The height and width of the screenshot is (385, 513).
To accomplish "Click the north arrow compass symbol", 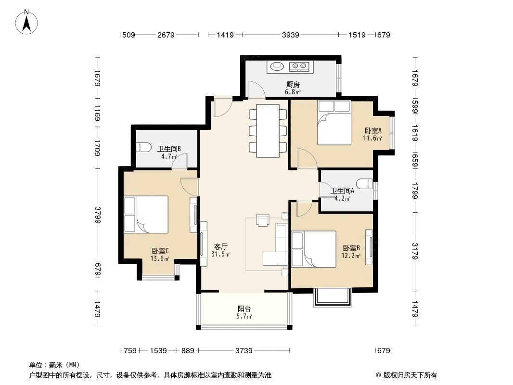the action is [26, 22].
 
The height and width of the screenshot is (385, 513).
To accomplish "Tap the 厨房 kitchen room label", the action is [293, 85].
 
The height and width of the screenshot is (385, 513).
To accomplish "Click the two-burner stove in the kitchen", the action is [299, 66].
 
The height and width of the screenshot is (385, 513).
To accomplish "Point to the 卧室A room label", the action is [373, 130].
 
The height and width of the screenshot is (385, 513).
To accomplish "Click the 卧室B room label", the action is [351, 248].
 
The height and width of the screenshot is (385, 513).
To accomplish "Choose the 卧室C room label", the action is [160, 251].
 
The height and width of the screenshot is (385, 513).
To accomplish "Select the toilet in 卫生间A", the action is [365, 183].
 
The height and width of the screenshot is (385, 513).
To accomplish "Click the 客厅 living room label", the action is [221, 246].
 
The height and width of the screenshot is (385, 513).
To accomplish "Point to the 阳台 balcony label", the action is [244, 308].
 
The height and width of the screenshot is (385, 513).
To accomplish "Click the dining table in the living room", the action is [268, 131].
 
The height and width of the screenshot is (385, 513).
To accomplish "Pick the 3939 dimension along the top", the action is [291, 35].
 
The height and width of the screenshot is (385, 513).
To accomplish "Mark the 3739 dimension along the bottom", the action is [244, 351].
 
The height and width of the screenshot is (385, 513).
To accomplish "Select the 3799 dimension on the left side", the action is [98, 215].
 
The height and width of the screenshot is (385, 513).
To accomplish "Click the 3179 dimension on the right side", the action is [415, 251].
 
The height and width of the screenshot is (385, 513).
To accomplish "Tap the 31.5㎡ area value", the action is [221, 254].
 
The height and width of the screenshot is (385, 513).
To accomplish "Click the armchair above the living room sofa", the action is [263, 220].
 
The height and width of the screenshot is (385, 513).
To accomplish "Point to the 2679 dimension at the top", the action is [166, 35].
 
